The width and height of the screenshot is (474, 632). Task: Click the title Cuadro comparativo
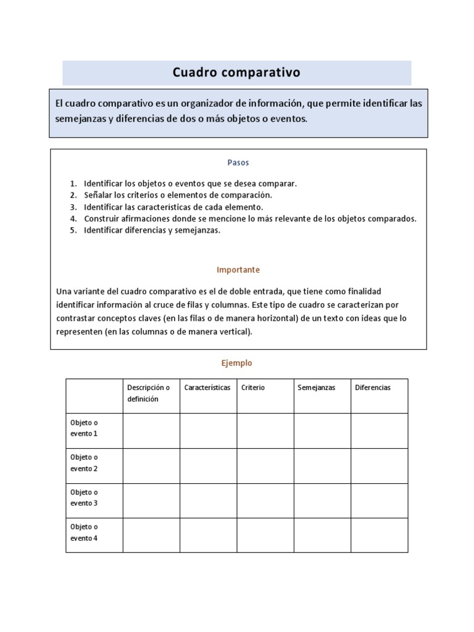tap(236, 73)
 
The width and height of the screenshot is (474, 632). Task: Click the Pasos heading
tap(238, 163)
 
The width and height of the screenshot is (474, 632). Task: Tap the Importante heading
tap(238, 270)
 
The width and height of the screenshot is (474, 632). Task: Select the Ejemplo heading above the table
tap(237, 364)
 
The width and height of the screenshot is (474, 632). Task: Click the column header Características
tap(207, 388)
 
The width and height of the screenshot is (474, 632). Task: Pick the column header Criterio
tap(253, 388)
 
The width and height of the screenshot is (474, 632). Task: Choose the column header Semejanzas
tap(316, 388)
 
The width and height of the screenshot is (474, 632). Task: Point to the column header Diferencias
tap(373, 388)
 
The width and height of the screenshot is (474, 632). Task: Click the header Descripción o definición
tap(148, 393)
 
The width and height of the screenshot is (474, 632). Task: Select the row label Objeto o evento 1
tap(84, 428)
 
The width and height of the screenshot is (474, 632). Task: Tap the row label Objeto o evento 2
tap(84, 463)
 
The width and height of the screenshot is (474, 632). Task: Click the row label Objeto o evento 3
tap(84, 497)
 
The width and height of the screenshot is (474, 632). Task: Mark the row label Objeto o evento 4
tap(84, 533)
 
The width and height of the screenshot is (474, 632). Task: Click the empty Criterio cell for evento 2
tap(265, 465)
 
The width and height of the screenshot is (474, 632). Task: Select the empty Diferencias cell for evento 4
tap(379, 535)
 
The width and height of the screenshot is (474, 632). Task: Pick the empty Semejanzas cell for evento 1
tap(322, 431)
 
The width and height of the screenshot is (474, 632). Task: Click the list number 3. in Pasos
tap(73, 207)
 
